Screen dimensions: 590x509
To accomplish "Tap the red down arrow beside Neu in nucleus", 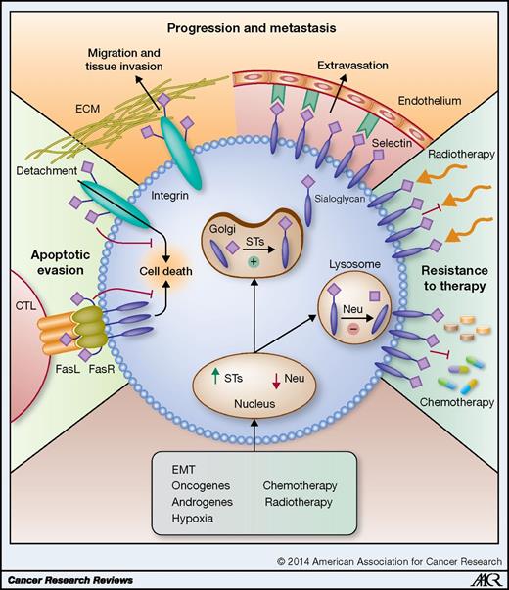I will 275,379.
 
